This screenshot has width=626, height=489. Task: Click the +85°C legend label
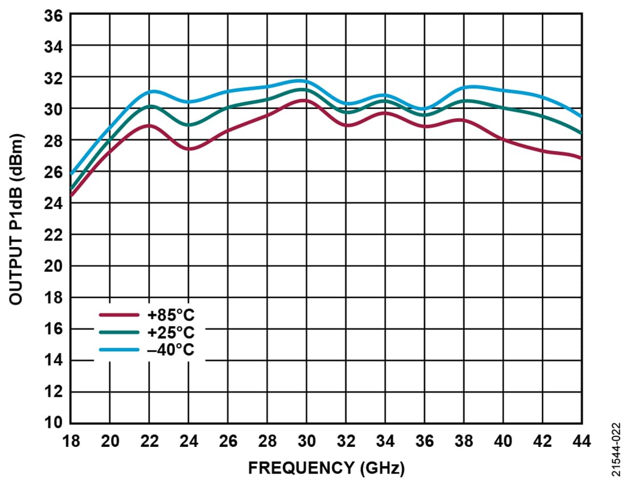click(171, 315)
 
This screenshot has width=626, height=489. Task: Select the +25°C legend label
click(171, 332)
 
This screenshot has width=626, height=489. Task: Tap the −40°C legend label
click(171, 349)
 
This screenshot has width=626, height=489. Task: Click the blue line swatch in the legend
click(119, 349)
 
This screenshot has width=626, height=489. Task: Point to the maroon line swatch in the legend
click(119, 315)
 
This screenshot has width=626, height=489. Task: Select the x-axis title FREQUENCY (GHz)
click(326, 468)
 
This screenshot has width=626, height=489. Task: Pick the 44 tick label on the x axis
click(581, 441)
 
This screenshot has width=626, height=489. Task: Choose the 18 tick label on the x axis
click(71, 441)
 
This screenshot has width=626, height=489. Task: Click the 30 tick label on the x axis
click(306, 441)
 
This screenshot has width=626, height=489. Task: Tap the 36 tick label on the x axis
click(424, 441)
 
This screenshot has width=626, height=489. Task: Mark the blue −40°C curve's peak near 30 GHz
click(302, 80)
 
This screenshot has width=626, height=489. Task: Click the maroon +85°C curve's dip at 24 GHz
click(189, 149)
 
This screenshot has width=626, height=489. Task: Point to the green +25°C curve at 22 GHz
click(149, 106)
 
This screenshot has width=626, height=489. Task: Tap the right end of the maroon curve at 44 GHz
click(580, 158)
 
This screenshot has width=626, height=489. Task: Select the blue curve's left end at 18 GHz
click(71, 174)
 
